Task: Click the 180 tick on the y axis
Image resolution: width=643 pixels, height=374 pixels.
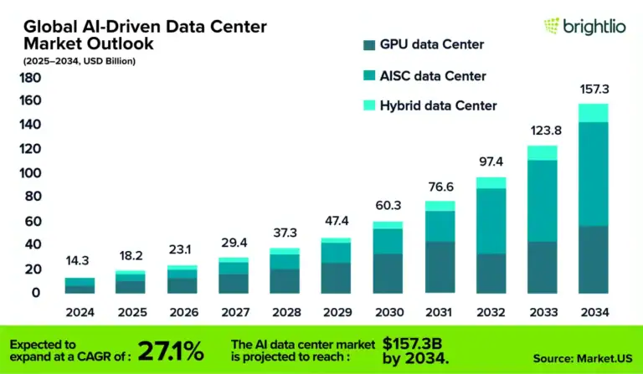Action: (x=30, y=79)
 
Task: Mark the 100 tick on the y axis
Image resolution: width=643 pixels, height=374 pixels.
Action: (x=30, y=174)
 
